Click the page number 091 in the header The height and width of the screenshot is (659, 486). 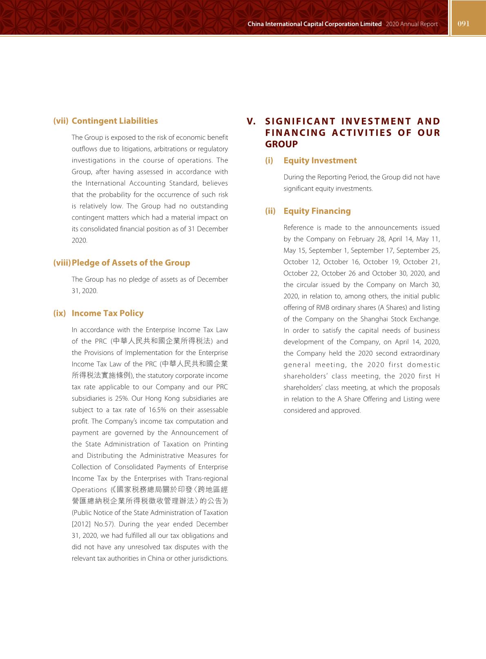464,24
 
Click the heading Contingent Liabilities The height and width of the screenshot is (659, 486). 115,121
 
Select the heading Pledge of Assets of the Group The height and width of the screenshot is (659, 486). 131,263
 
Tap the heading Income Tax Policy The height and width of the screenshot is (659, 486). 107,313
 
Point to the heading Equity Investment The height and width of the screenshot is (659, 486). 320,161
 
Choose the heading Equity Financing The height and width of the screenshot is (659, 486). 317,211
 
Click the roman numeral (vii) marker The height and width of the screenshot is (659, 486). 61,121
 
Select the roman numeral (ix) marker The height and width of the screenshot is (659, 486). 59,313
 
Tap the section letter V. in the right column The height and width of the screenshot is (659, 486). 251,122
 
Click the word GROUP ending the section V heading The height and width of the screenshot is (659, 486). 281,144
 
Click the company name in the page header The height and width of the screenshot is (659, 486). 314,24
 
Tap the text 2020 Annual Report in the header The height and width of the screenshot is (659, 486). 412,24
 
